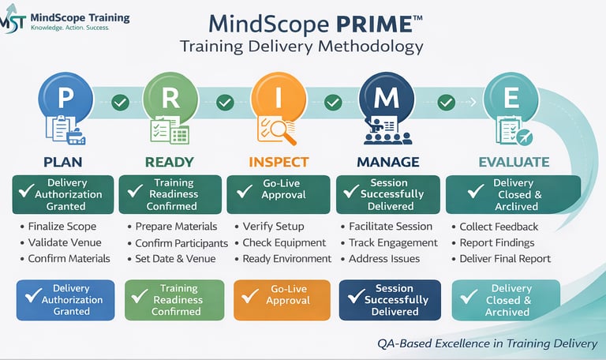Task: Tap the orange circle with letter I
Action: [x=279, y=99]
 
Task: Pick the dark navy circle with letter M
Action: [x=386, y=99]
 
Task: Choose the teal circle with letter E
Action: [x=511, y=99]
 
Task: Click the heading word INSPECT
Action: [x=279, y=162]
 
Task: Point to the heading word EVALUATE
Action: [x=514, y=162]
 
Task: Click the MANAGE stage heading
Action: [x=387, y=162]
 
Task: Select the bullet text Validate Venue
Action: [x=60, y=242]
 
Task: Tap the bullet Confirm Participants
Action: [x=181, y=243]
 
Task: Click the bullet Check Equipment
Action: [x=283, y=242]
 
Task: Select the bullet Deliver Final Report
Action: [x=505, y=258]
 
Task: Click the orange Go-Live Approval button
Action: [x=279, y=300]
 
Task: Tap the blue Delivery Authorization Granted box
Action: [x=65, y=300]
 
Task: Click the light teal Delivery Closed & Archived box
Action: [x=505, y=300]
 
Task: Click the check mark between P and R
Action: [x=120, y=102]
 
